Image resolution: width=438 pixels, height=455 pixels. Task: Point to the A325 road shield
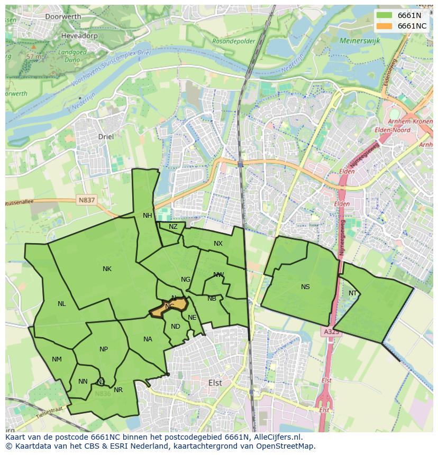tap(331, 332)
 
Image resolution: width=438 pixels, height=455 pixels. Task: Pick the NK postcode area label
tap(107, 269)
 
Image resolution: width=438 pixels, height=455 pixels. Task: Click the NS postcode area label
tap(305, 287)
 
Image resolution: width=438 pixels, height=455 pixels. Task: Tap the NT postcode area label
tap(353, 293)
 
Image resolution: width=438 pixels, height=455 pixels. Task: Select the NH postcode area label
tap(147, 215)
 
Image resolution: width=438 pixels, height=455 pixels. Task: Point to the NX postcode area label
tap(218, 244)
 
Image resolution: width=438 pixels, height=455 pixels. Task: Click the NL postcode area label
tap(62, 304)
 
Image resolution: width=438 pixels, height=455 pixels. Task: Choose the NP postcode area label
tap(104, 349)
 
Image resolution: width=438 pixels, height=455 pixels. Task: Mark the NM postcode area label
tap(57, 359)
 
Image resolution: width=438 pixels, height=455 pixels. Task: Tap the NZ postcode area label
tap(173, 227)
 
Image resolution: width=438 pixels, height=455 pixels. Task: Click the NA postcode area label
tap(148, 339)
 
